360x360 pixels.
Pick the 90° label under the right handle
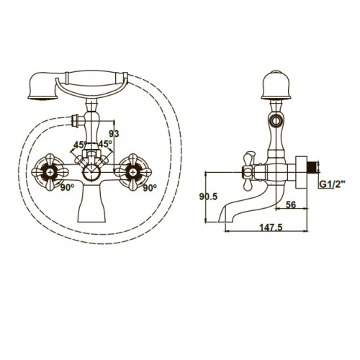[150, 188]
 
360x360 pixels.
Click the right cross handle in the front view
[134, 171]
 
